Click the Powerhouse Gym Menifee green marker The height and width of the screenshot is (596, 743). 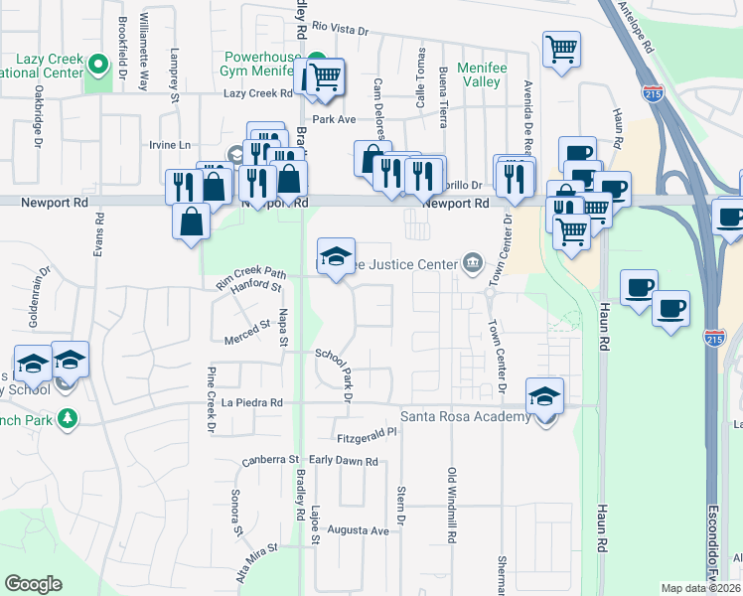[316, 59]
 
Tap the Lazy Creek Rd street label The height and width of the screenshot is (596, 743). [257, 93]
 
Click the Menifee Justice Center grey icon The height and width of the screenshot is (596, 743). [472, 263]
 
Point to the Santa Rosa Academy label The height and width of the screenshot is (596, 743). [465, 416]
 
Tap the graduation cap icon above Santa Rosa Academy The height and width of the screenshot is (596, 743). [545, 397]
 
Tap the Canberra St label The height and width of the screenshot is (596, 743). [270, 461]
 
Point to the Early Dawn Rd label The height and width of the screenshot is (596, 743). [344, 461]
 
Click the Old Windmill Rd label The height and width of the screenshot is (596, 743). [451, 504]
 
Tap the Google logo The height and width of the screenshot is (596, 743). [33, 584]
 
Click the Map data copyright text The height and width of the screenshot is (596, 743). [701, 588]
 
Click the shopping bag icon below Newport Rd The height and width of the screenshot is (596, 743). [192, 221]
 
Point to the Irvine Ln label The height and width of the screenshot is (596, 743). [170, 145]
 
